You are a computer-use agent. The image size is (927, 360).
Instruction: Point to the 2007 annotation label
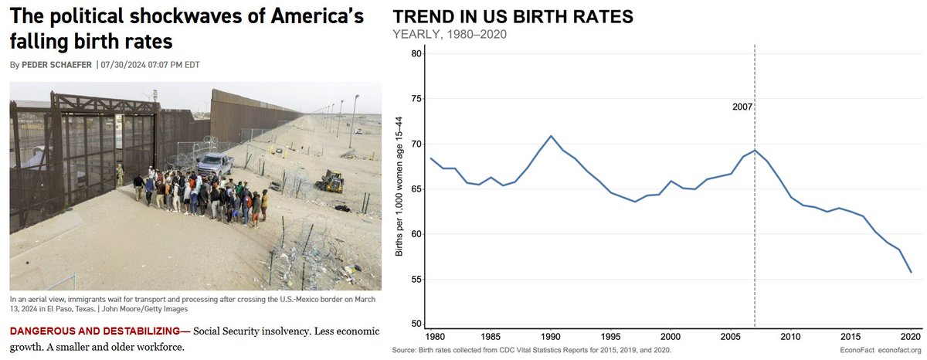[743, 107]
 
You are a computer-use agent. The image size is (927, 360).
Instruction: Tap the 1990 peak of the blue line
[551, 136]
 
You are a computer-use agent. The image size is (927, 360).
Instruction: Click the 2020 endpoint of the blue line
[910, 272]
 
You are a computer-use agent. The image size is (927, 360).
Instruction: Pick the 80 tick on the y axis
[416, 53]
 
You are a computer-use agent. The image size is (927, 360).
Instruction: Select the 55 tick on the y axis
[416, 279]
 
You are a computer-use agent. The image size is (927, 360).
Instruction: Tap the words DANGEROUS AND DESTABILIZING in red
[97, 331]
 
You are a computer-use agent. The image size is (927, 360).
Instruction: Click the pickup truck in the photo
[215, 163]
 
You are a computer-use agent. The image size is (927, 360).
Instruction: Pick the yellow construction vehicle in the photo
[332, 181]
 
